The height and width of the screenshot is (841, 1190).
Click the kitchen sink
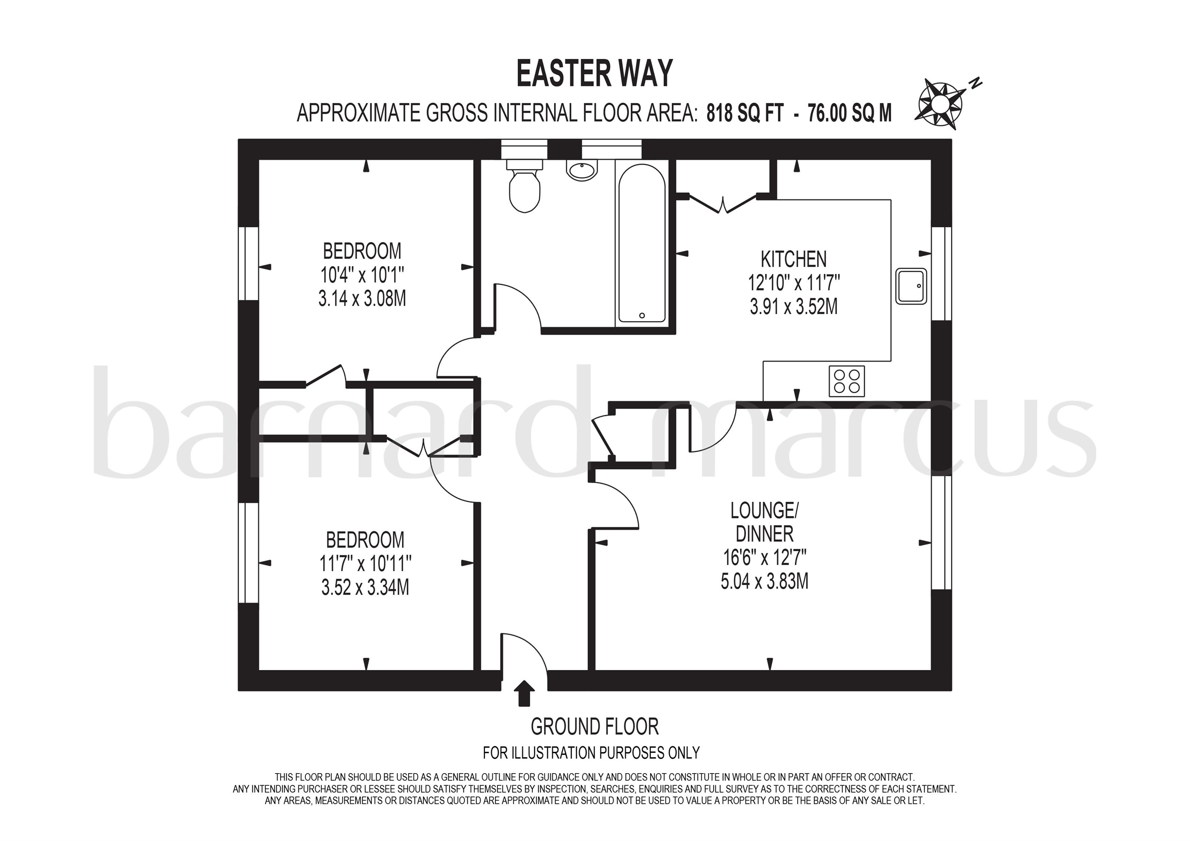point(911,285)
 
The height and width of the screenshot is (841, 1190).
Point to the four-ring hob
point(846,381)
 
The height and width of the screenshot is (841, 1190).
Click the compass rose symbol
point(939,106)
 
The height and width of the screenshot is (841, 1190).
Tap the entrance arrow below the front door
point(525,693)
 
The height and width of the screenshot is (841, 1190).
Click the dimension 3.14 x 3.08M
point(362,299)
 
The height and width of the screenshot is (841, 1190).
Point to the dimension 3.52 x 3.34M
point(365,588)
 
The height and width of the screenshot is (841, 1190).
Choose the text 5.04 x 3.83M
point(765,581)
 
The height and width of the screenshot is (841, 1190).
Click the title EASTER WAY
point(595,73)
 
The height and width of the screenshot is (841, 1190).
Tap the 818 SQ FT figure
point(745,113)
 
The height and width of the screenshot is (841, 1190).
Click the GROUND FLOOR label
point(595,727)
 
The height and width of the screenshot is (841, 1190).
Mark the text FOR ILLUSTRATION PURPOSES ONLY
point(591,752)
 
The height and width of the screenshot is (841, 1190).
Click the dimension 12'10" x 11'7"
point(793,283)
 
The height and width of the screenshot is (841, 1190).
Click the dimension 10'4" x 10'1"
point(362,275)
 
